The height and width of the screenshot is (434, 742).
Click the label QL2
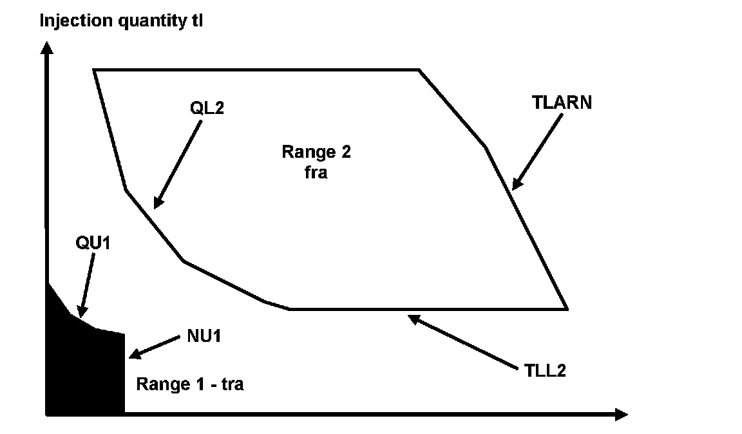(206, 108)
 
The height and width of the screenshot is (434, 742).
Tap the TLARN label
(562, 102)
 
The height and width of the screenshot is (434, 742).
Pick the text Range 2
(316, 152)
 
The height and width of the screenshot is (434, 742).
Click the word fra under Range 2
(316, 173)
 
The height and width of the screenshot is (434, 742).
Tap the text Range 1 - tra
(190, 385)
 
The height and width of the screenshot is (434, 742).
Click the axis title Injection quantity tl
(122, 21)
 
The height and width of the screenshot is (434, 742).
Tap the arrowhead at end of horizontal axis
(621, 415)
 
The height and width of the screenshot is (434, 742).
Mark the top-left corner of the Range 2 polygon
(95, 70)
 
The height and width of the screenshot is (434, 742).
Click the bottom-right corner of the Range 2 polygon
(567, 309)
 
